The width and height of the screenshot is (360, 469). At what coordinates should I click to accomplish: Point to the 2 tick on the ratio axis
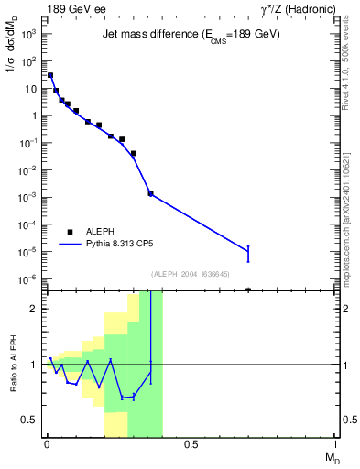click(x=34, y=309)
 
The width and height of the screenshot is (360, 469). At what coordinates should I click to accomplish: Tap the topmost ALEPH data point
click(x=49, y=75)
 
